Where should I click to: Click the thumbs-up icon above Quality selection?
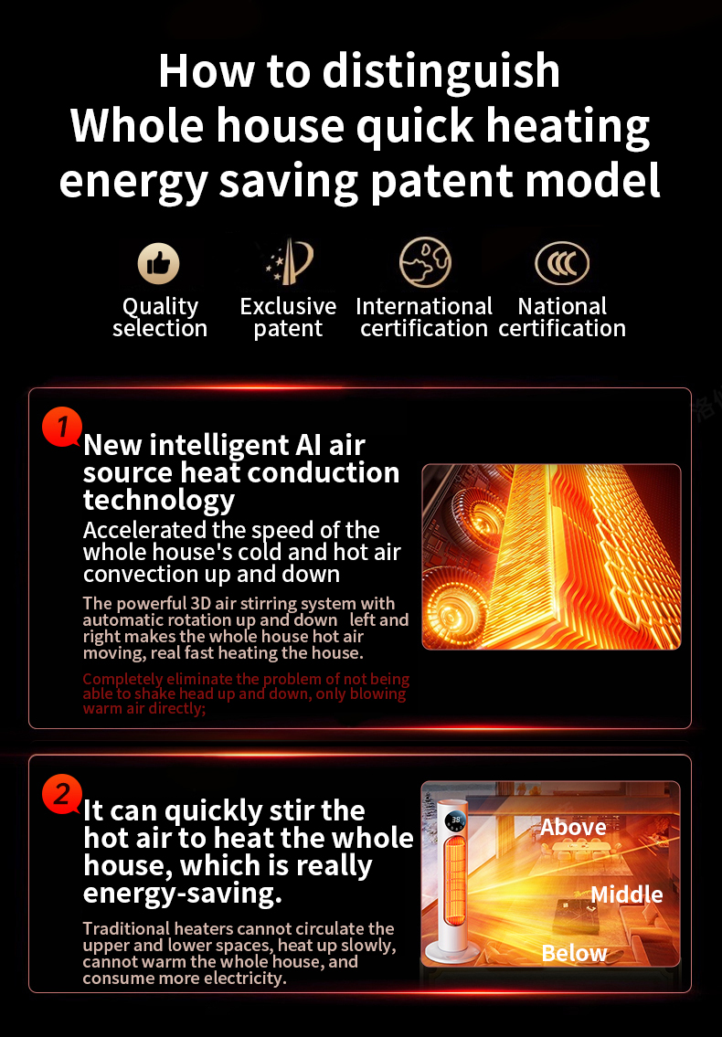(x=159, y=264)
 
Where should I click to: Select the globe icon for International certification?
(x=425, y=263)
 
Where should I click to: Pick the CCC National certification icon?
(x=562, y=264)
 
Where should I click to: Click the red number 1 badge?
(x=62, y=427)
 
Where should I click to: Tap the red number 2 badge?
(x=61, y=794)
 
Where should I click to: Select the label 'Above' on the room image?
(x=573, y=828)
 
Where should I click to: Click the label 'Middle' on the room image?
(x=626, y=894)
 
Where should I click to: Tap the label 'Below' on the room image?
(x=574, y=953)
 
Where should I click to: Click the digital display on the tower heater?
(x=456, y=820)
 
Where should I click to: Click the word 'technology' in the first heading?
(x=159, y=501)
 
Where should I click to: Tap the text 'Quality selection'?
(x=160, y=317)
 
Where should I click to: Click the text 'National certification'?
(x=562, y=317)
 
